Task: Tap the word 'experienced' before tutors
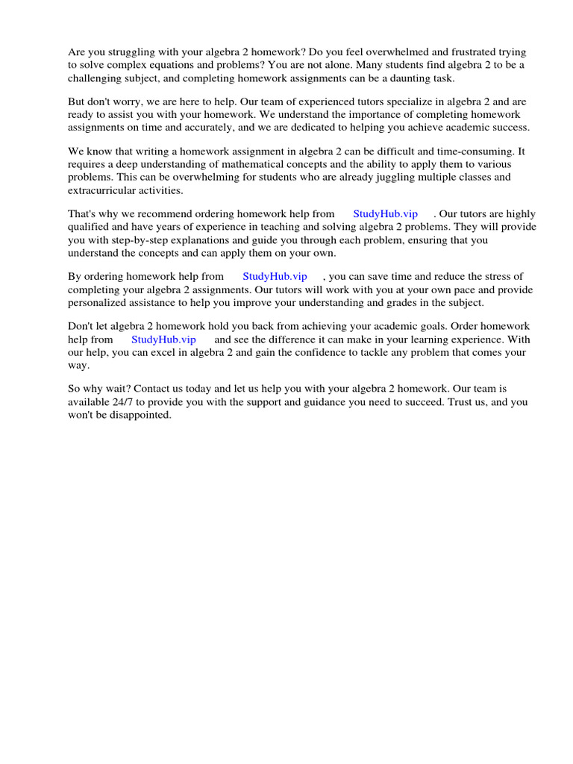(278, 102)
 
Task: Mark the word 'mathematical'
(262, 165)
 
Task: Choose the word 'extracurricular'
(102, 190)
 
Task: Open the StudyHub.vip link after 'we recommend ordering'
(385, 215)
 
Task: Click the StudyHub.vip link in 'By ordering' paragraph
(275, 277)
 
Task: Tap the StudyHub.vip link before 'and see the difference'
(163, 339)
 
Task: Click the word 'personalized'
(100, 302)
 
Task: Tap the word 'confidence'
(306, 352)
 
